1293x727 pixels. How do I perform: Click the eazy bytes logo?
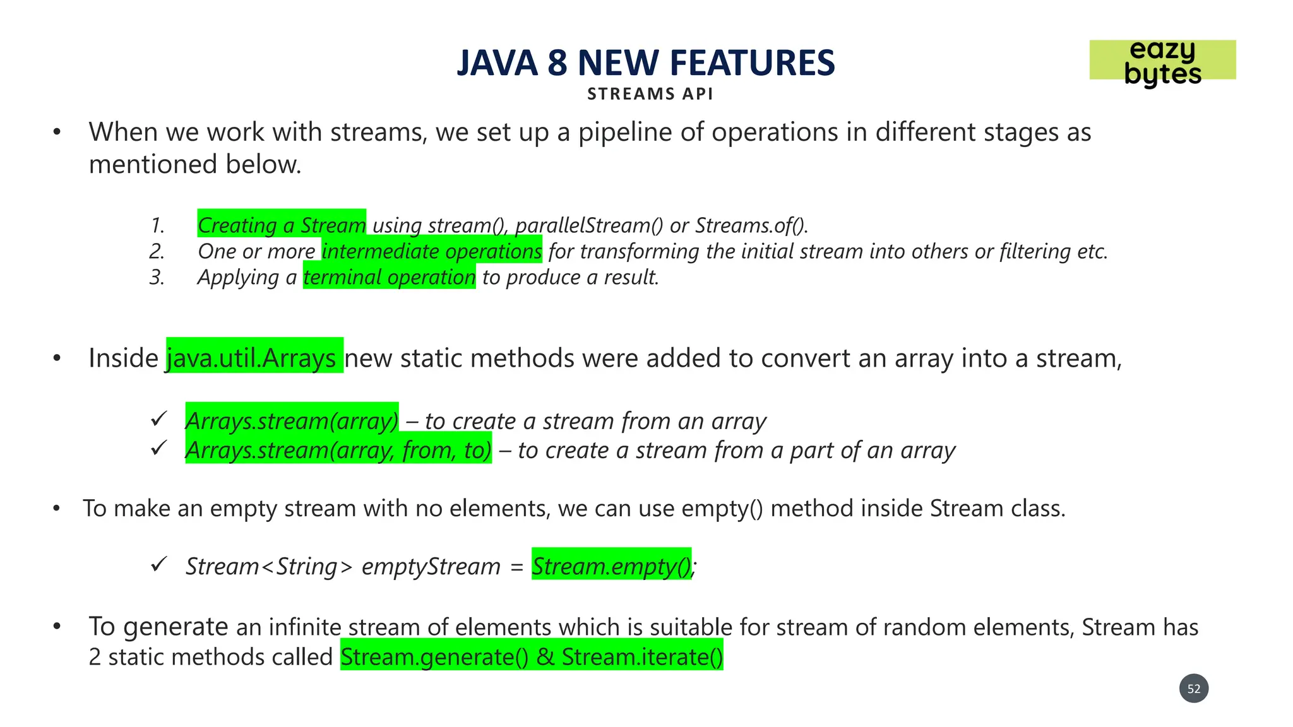coord(1162,61)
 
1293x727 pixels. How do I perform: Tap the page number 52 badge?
coord(1193,689)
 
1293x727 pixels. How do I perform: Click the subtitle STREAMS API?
coord(650,94)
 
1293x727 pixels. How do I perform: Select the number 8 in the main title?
coord(557,63)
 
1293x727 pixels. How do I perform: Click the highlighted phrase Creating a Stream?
coord(282,225)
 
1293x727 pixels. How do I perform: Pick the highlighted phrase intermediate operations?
coord(432,251)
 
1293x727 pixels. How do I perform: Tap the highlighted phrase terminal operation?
coord(389,277)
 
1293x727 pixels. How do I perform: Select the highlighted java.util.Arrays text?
coord(254,357)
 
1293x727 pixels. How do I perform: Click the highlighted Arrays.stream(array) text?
coord(292,420)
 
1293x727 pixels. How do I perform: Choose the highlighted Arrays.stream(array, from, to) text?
coord(338,450)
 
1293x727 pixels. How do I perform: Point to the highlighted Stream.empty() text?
coord(611,565)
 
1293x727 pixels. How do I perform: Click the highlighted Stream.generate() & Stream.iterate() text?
coord(532,656)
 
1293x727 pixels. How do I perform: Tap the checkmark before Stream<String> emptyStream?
coord(158,564)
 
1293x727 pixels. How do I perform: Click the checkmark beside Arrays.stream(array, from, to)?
coord(158,447)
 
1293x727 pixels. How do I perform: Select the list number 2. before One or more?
coord(157,251)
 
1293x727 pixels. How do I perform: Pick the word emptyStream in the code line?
coord(431,566)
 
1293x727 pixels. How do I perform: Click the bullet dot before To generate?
coord(57,627)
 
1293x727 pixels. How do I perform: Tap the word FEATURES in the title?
coord(752,63)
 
